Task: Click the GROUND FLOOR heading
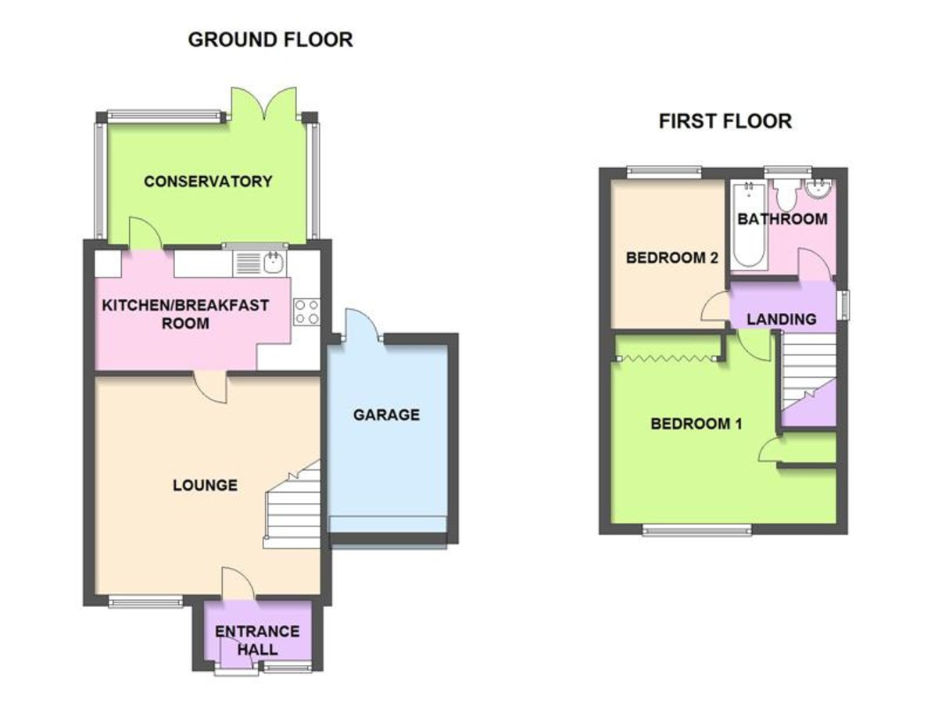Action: [270, 40]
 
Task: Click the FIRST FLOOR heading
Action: [725, 121]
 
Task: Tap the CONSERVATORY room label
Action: [208, 181]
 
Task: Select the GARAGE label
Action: [386, 415]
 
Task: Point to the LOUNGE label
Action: [205, 485]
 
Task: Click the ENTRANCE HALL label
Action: [257, 641]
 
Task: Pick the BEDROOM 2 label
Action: [671, 258]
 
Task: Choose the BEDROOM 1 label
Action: [696, 424]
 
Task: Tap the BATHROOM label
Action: [782, 219]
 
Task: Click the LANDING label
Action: [781, 319]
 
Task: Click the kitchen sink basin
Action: [272, 263]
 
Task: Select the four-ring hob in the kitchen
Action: [307, 311]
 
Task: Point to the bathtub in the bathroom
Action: [749, 224]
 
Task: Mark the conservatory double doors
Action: [263, 104]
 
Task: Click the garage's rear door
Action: [362, 325]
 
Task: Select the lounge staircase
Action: [292, 505]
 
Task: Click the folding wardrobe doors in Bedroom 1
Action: [667, 358]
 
